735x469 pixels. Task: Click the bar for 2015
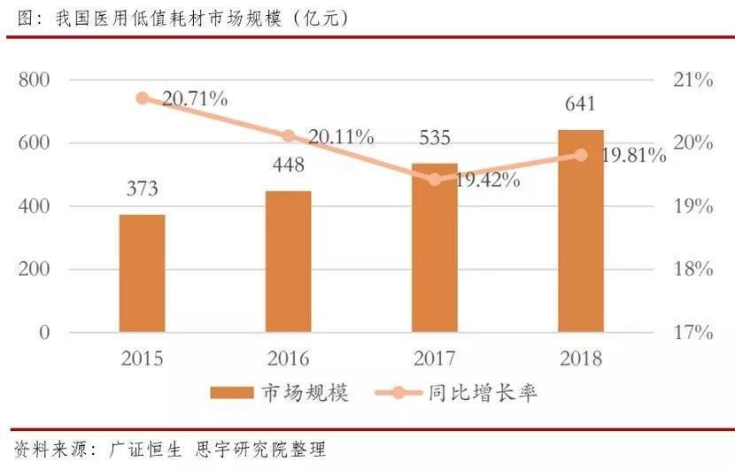(x=142, y=273)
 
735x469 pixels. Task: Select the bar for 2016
(x=289, y=262)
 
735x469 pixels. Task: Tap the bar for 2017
(x=435, y=248)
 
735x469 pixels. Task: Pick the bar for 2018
(x=581, y=231)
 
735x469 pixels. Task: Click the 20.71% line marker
(x=143, y=98)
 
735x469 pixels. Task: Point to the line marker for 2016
(x=289, y=136)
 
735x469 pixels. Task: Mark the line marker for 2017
(x=435, y=180)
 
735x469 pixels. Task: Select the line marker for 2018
(x=581, y=155)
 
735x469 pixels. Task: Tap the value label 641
(x=581, y=104)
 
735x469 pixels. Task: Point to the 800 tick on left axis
(x=34, y=81)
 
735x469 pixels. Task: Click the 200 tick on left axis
(x=34, y=270)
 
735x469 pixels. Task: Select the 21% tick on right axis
(x=692, y=81)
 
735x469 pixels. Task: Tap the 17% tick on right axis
(x=692, y=334)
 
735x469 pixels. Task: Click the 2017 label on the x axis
(x=434, y=359)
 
